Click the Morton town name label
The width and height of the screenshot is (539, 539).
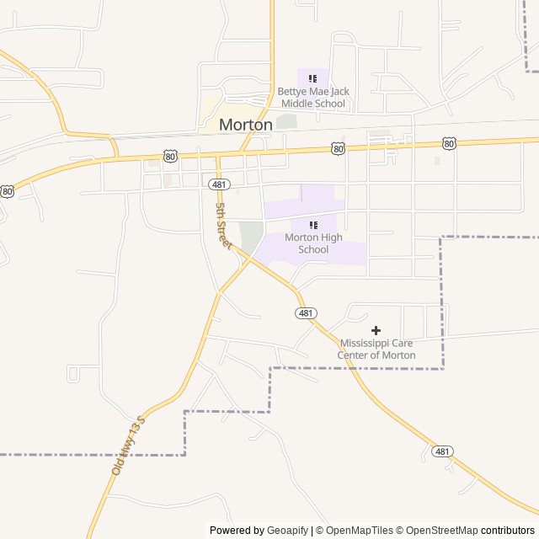coord(246,125)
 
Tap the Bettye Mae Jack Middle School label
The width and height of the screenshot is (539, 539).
coord(313,97)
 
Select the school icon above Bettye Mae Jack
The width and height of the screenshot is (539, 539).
coord(313,78)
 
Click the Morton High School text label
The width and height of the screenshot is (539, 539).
coord(313,243)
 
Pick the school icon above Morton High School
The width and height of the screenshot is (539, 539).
coord(313,225)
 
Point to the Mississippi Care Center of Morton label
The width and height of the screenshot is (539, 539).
coord(376,349)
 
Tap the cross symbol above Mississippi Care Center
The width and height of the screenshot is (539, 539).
coord(376,330)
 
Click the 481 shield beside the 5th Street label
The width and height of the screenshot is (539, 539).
coord(219,184)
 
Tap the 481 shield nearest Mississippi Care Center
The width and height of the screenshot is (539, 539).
coord(306,313)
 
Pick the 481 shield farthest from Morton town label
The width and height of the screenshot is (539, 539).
coord(443,451)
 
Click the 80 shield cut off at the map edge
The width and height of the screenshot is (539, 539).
coord(7,191)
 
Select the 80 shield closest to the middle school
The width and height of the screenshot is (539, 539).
coord(338,148)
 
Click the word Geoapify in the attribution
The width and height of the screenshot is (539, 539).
coord(288,531)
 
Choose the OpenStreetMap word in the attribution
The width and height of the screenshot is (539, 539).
coord(442,531)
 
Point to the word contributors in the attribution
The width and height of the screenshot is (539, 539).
coord(508,531)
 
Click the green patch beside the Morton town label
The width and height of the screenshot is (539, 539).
coord(286,121)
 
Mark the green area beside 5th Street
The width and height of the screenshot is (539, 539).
coord(251,237)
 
